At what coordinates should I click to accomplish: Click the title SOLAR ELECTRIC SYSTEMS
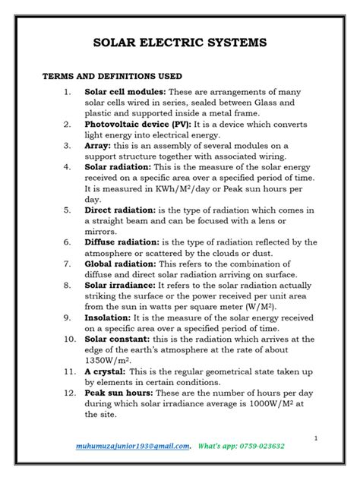click(179, 43)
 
